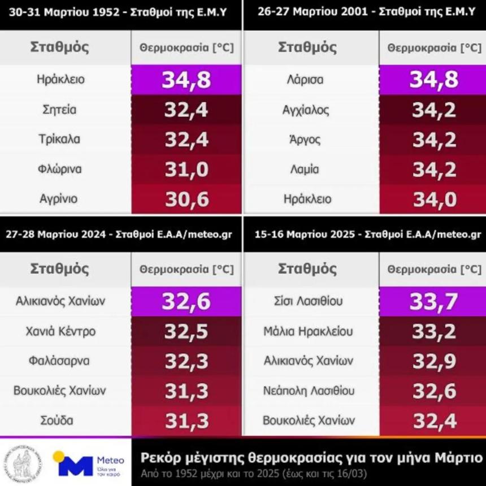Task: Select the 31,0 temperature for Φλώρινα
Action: point(186,169)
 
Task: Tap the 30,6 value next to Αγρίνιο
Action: point(186,199)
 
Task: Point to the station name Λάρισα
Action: point(305,80)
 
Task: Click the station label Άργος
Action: point(305,139)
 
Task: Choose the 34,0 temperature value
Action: point(434,199)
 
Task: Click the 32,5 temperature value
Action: point(186,331)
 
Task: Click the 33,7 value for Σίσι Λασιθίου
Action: point(434,301)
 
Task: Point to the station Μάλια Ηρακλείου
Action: point(308,331)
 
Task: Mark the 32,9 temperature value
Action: point(434,361)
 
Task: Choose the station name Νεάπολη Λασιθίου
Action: point(308,390)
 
